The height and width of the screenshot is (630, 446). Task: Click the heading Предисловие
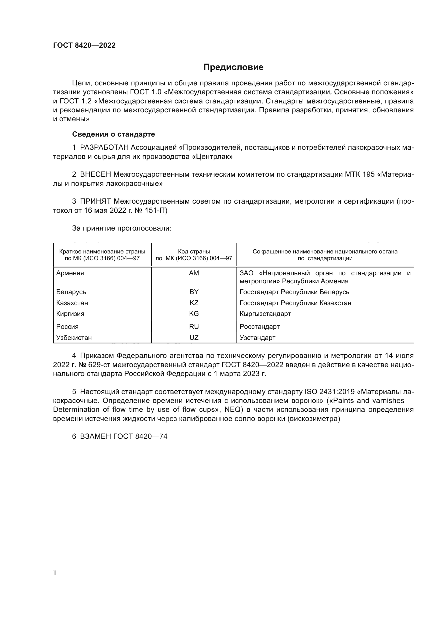point(233,67)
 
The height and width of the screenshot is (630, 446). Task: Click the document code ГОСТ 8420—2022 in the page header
point(84,45)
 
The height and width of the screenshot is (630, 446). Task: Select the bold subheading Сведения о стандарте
point(114,134)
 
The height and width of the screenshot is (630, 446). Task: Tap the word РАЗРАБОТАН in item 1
point(104,148)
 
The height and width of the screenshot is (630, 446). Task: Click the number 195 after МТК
point(368,175)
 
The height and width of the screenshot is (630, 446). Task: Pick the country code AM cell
point(194,273)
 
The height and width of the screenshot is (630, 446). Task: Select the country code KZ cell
point(194,303)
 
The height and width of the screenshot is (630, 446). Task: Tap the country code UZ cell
point(194,338)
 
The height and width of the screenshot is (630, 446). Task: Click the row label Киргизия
point(70,314)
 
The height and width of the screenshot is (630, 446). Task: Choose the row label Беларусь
point(71,292)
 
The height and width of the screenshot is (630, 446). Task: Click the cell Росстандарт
point(259,327)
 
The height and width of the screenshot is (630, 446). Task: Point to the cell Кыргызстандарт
point(265,314)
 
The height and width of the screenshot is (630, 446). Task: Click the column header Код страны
point(194,252)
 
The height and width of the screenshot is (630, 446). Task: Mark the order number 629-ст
point(99,365)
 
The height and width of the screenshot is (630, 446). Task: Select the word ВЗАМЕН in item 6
point(95,437)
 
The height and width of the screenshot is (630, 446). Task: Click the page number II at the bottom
point(55,573)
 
